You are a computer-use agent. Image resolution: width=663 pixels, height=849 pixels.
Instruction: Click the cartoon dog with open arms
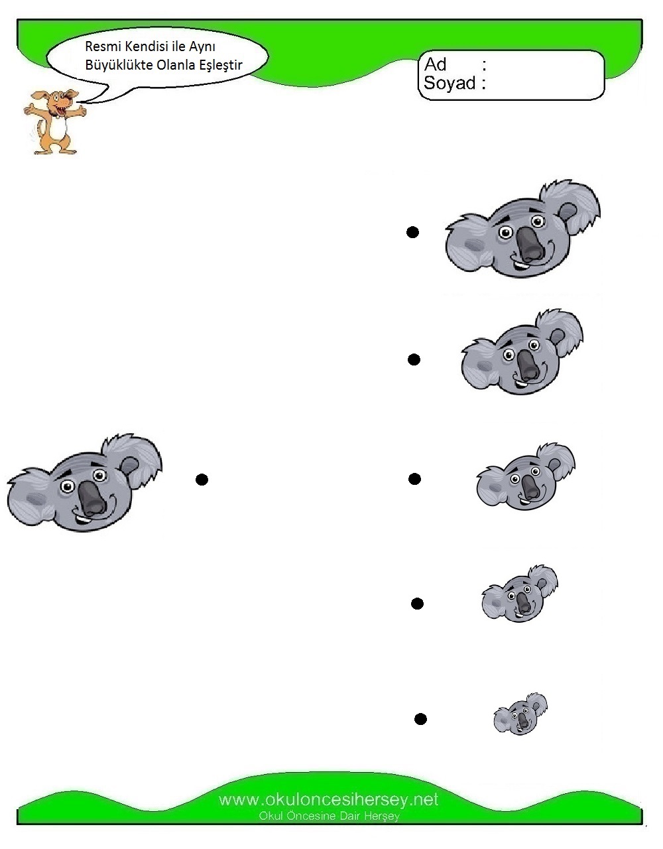click(54, 122)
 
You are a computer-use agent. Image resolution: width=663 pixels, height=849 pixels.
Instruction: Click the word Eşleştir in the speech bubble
click(221, 65)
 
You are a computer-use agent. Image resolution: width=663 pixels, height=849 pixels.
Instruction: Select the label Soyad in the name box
click(450, 83)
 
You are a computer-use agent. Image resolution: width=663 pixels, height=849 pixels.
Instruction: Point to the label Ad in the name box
click(436, 64)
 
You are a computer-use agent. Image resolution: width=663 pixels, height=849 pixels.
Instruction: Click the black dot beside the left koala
click(202, 480)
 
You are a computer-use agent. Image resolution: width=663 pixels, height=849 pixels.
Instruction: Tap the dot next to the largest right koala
click(412, 232)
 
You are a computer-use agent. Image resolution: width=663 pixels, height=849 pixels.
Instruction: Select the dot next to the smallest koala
click(420, 719)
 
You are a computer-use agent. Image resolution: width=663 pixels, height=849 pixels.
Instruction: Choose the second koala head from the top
click(522, 352)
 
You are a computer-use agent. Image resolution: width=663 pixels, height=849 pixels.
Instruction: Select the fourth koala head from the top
click(520, 594)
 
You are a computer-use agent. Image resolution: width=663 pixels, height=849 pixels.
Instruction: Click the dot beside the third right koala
click(414, 479)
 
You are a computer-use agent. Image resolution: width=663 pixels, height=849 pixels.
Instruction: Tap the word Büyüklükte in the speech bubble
click(119, 65)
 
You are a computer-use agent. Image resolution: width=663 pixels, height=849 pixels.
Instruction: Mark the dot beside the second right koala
click(414, 359)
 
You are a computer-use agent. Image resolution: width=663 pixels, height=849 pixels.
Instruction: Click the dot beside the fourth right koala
click(418, 604)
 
